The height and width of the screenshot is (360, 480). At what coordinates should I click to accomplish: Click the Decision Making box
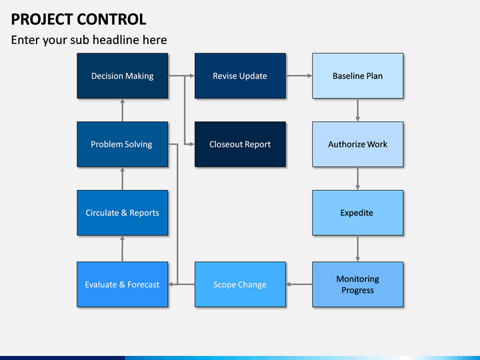tap(123, 76)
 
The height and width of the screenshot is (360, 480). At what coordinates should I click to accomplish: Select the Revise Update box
tap(240, 76)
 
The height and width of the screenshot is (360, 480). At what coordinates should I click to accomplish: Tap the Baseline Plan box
tap(357, 76)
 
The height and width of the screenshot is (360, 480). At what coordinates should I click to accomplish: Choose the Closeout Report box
tap(240, 144)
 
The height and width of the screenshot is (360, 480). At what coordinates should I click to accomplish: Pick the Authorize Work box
tap(357, 144)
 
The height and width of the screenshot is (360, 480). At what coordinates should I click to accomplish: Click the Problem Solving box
tap(123, 144)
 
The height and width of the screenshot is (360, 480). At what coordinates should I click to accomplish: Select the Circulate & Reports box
tap(123, 213)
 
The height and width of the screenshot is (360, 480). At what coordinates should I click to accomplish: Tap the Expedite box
tap(357, 213)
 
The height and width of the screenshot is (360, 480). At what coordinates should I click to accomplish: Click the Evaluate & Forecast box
tap(123, 285)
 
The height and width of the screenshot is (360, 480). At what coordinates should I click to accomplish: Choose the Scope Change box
tap(240, 285)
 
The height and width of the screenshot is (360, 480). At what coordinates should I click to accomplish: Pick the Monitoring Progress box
tap(357, 285)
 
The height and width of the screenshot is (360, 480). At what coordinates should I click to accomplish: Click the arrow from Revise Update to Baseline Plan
tap(299, 75)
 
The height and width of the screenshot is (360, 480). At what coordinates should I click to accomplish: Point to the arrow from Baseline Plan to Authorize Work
tap(357, 110)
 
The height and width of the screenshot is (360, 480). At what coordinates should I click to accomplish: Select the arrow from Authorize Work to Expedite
tap(357, 179)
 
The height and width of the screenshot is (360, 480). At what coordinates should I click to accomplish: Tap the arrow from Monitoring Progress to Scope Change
tap(299, 285)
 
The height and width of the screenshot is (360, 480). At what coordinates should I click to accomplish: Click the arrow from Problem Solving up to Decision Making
tap(123, 110)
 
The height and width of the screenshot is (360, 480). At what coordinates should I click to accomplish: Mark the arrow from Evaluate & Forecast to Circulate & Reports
tap(123, 249)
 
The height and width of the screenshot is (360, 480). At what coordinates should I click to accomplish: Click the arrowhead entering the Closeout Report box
tap(192, 144)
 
